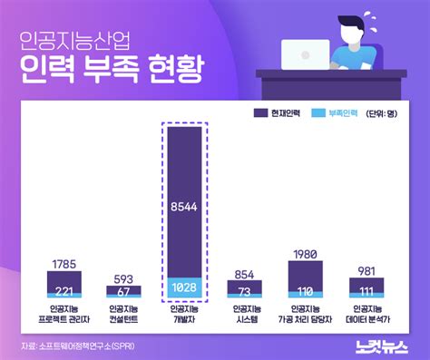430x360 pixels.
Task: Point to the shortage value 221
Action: coord(64,290)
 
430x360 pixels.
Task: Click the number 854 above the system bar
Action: coord(244,273)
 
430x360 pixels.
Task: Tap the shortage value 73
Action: coord(244,292)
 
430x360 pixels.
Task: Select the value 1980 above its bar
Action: coord(305,254)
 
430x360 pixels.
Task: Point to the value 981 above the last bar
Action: coord(366,271)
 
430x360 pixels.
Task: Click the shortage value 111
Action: coord(366,291)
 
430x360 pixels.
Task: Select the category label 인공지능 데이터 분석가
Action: coord(366,314)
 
